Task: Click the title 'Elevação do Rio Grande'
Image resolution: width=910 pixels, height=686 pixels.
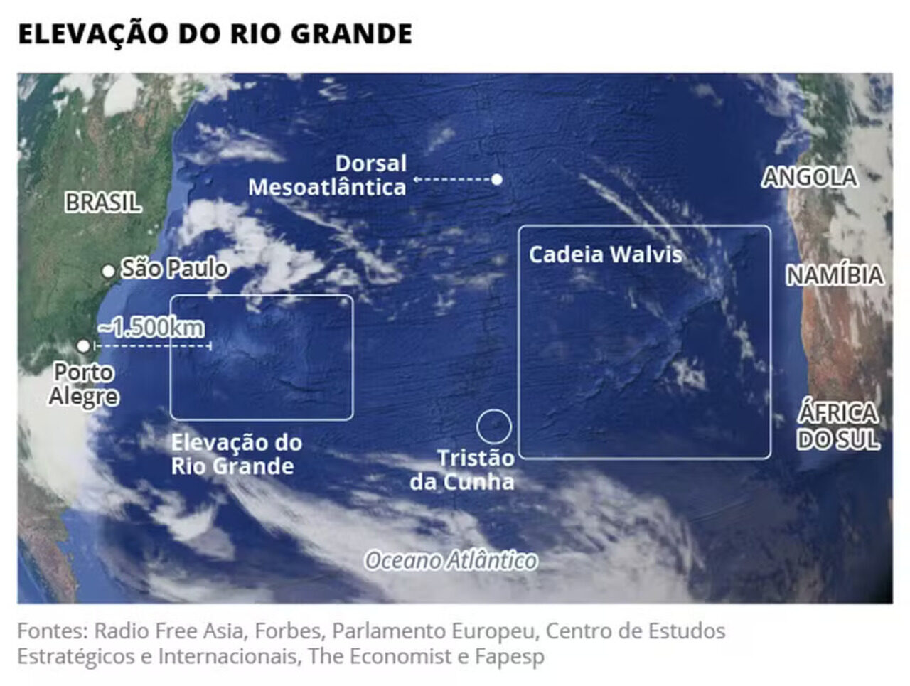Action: pyautogui.click(x=215, y=34)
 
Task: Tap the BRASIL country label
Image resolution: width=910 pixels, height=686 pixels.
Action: pyautogui.click(x=103, y=203)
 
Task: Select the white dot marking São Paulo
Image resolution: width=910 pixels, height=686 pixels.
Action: pyautogui.click(x=108, y=271)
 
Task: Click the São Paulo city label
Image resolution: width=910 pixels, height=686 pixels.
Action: pyautogui.click(x=174, y=269)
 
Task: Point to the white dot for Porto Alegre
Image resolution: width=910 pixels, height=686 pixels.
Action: pyautogui.click(x=83, y=346)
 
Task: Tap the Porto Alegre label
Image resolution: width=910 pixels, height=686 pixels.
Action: pyautogui.click(x=83, y=385)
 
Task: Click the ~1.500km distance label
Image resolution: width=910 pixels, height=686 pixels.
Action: pyautogui.click(x=151, y=327)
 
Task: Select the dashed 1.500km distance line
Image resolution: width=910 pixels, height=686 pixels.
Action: pyautogui.click(x=153, y=346)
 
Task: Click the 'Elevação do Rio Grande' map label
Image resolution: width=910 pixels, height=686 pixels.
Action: pyautogui.click(x=237, y=454)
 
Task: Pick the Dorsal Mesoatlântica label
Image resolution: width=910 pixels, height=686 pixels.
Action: pyautogui.click(x=328, y=176)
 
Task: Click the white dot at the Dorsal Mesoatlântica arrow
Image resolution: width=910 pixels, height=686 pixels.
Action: pyautogui.click(x=497, y=179)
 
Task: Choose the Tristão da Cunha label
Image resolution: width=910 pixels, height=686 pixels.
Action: pyautogui.click(x=463, y=470)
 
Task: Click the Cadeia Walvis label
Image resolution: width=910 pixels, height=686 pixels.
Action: pyautogui.click(x=605, y=254)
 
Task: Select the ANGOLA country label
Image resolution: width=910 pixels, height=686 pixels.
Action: pyautogui.click(x=809, y=178)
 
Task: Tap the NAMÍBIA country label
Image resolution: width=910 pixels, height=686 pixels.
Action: pyautogui.click(x=835, y=275)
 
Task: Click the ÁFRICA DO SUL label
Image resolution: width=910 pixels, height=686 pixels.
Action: pyautogui.click(x=838, y=426)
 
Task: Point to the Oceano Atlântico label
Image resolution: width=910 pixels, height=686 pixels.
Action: pyautogui.click(x=451, y=561)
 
